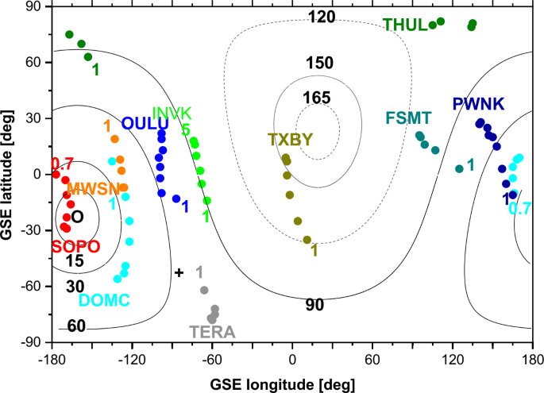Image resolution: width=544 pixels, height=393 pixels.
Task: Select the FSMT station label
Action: (x=408, y=118)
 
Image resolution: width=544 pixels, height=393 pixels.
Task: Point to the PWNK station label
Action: (x=478, y=104)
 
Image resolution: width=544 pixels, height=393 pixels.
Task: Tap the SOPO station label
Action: (x=76, y=246)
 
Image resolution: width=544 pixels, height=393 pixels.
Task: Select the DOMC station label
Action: (x=105, y=300)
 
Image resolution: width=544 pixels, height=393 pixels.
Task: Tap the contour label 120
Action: (x=321, y=17)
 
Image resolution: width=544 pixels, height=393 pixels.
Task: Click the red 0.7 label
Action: (x=62, y=164)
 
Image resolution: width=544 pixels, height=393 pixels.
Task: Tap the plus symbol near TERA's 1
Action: (x=179, y=272)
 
